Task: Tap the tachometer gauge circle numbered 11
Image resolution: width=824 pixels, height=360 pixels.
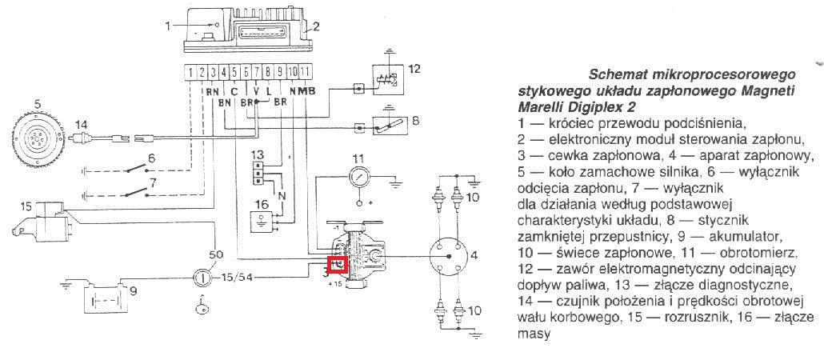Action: [359, 177]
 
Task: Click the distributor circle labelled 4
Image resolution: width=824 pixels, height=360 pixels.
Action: [448, 255]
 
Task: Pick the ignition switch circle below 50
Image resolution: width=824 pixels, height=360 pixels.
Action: [202, 276]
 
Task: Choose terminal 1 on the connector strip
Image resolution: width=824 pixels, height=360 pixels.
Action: [190, 71]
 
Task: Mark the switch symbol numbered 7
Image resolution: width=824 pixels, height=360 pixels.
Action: [135, 192]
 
